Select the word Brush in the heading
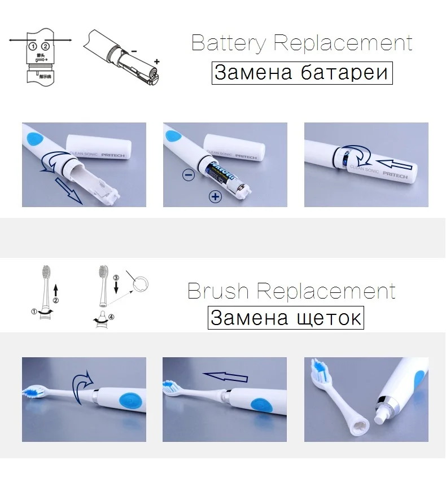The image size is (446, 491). coord(217,291)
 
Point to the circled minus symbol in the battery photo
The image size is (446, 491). coord(189,175)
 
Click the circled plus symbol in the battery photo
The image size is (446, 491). coord(215,196)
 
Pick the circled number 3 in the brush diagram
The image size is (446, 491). coord(116,278)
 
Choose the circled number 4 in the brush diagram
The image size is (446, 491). coord(111,317)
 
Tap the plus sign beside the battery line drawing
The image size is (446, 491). coord(156,61)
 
